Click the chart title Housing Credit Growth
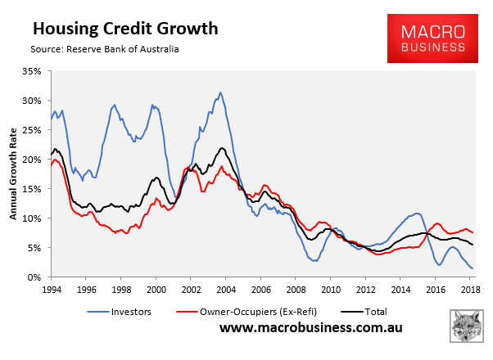click(x=124, y=29)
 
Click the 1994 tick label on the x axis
click(x=51, y=290)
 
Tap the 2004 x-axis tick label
click(x=227, y=290)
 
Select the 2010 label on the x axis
click(x=332, y=290)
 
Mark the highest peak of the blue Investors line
click(x=219, y=92)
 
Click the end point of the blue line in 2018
click(x=473, y=268)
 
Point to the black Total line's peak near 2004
click(x=221, y=148)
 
